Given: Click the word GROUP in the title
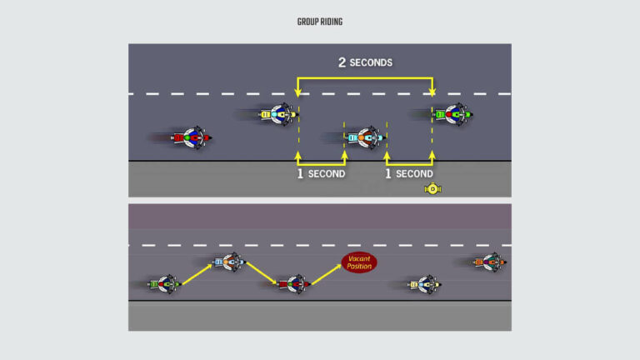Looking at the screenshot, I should click(x=307, y=22).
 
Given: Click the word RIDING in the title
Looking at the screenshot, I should click(x=330, y=22).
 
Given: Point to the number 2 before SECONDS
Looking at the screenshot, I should click(x=342, y=62).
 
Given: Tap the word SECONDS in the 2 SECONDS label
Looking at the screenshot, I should click(x=371, y=62).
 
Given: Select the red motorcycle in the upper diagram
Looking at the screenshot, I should click(x=192, y=137).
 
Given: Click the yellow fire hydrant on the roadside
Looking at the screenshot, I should click(x=432, y=188).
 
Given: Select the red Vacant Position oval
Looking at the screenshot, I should click(x=359, y=262).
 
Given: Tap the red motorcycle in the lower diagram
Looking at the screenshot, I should click(x=293, y=284).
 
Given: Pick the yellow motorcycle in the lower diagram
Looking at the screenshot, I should click(x=423, y=284).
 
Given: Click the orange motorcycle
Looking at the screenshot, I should click(x=490, y=262).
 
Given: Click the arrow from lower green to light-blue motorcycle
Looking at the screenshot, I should click(x=197, y=273).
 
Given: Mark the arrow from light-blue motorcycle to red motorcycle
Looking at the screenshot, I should click(x=262, y=273).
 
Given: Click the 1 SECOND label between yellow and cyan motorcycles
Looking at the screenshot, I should click(x=322, y=173).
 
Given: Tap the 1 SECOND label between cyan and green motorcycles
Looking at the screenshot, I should click(x=408, y=173).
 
